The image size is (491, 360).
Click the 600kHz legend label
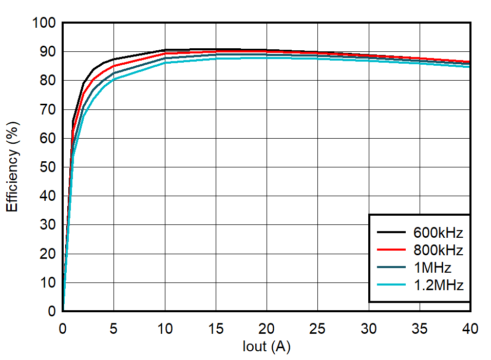[x=438, y=233]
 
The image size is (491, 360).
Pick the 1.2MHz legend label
[x=438, y=285]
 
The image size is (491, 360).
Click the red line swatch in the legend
[x=392, y=250]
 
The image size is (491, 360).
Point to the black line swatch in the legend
[x=392, y=233]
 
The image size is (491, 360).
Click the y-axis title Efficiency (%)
[x=12, y=166]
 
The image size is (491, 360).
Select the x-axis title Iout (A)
[x=267, y=347]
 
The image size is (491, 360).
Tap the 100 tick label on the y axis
[x=43, y=23]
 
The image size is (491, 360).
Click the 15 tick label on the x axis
[x=216, y=327]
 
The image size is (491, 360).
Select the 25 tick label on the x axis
[x=317, y=327]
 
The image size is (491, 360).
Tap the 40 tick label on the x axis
[x=470, y=327]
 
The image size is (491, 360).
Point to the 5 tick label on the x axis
[x=114, y=327]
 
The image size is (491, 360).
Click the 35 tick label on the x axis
[x=419, y=327]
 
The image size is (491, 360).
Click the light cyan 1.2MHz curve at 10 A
[x=164, y=62]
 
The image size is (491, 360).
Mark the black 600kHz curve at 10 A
[x=164, y=50]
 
